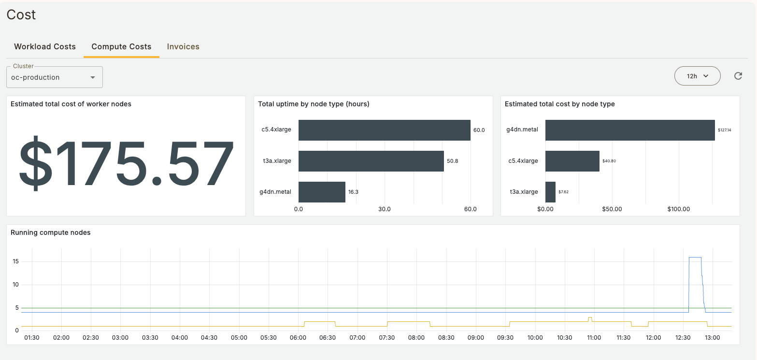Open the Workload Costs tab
point(45,47)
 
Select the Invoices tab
point(183,47)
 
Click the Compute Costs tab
point(121,47)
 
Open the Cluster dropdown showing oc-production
point(54,77)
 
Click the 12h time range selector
point(697,76)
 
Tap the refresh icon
point(738,76)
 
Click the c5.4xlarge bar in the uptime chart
point(384,130)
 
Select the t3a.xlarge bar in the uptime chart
point(371,161)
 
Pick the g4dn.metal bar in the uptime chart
point(322,192)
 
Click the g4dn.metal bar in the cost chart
point(629,130)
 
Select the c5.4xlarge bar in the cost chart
point(572,161)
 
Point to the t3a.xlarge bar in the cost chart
point(550,192)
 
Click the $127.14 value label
point(724,130)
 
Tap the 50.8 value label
point(452,161)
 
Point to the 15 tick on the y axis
point(16,261)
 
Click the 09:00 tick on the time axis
point(476,338)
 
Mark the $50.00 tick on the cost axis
point(612,209)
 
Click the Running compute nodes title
point(51,232)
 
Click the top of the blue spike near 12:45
point(695,258)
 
